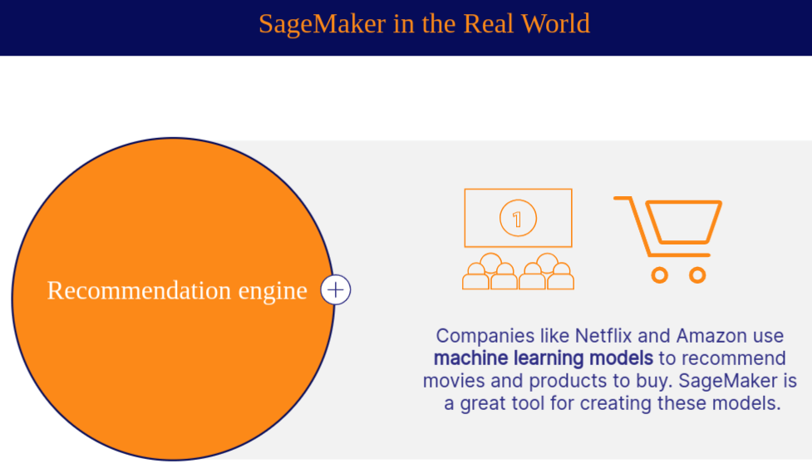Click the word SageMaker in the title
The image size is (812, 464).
pos(322,24)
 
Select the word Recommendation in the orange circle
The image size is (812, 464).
pos(139,290)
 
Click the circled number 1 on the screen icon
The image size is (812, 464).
pos(518,218)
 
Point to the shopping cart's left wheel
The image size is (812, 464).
pos(659,275)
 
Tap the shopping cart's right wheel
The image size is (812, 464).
pos(697,275)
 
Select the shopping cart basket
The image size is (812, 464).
pos(683,222)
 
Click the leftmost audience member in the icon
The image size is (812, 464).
pos(475,277)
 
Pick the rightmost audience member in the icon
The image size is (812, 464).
pos(561,277)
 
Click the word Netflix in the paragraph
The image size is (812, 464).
pos(603,336)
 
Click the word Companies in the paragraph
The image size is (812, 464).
pos(485,337)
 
